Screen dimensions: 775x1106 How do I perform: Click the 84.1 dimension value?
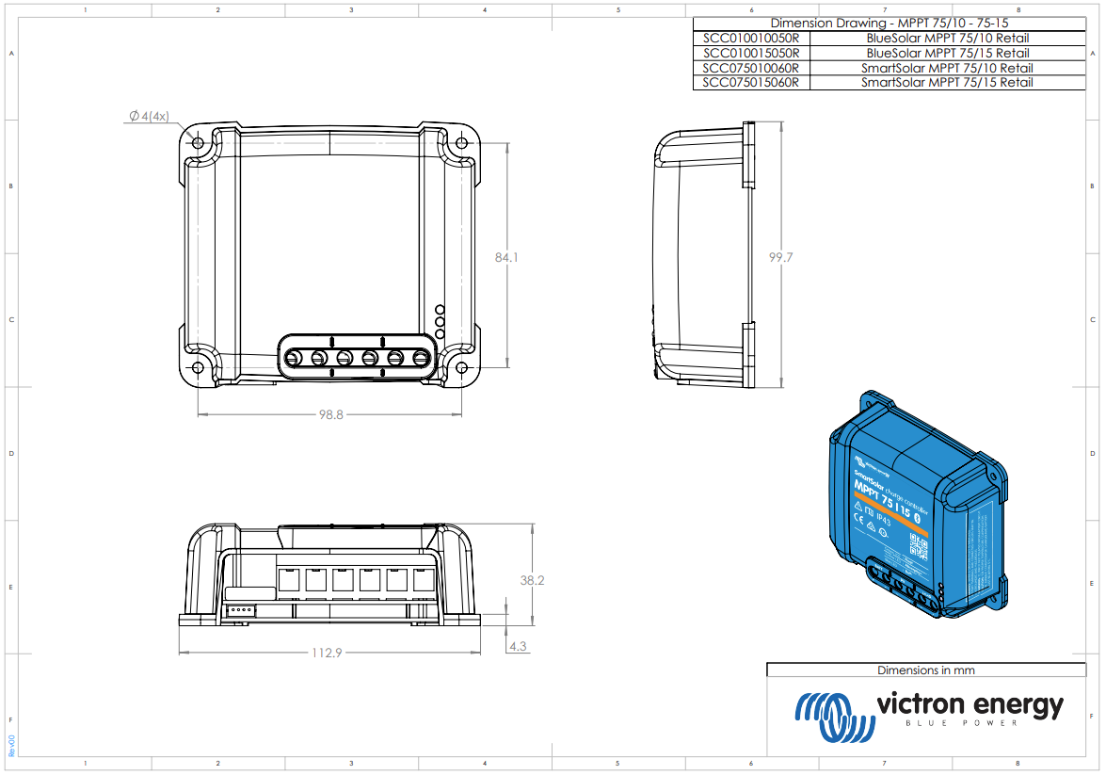[507, 257]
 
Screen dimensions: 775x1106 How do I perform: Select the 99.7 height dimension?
[780, 257]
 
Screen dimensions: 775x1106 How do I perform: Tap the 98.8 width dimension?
[330, 414]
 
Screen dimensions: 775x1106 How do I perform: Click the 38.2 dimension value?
[532, 581]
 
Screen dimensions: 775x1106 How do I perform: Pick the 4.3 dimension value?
[517, 647]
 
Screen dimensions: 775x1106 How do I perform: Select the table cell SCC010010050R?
[750, 39]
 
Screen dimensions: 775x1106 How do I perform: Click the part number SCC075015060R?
[750, 83]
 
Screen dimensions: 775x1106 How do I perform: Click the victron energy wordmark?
[970, 704]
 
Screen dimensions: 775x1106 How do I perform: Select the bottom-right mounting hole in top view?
[462, 368]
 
